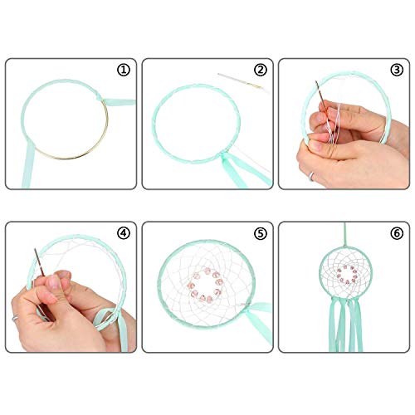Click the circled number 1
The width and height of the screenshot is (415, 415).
[x=124, y=71]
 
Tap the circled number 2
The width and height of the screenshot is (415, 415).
[x=261, y=71]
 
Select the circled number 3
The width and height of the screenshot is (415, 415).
[x=396, y=71]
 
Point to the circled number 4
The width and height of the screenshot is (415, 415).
[x=124, y=233]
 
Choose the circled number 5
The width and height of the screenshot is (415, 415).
[x=261, y=233]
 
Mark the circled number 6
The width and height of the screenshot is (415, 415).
[x=396, y=233]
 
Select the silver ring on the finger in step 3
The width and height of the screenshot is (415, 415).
[x=310, y=175]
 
